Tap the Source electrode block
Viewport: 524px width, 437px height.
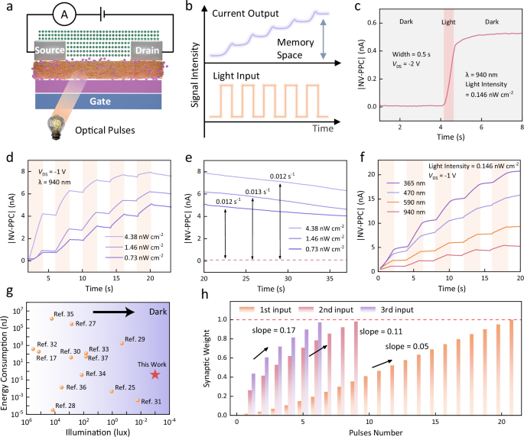click(50, 51)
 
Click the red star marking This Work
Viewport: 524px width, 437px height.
click(155, 374)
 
